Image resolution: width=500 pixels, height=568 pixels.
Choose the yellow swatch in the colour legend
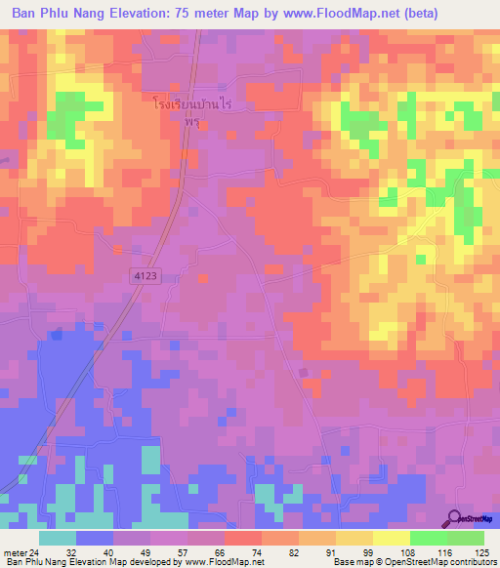tap(391, 538)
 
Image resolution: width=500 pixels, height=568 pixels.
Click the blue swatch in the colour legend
tap(95, 538)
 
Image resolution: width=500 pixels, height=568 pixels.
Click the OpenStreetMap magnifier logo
tap(454, 519)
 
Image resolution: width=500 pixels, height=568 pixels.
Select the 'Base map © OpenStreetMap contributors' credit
tap(411, 562)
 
